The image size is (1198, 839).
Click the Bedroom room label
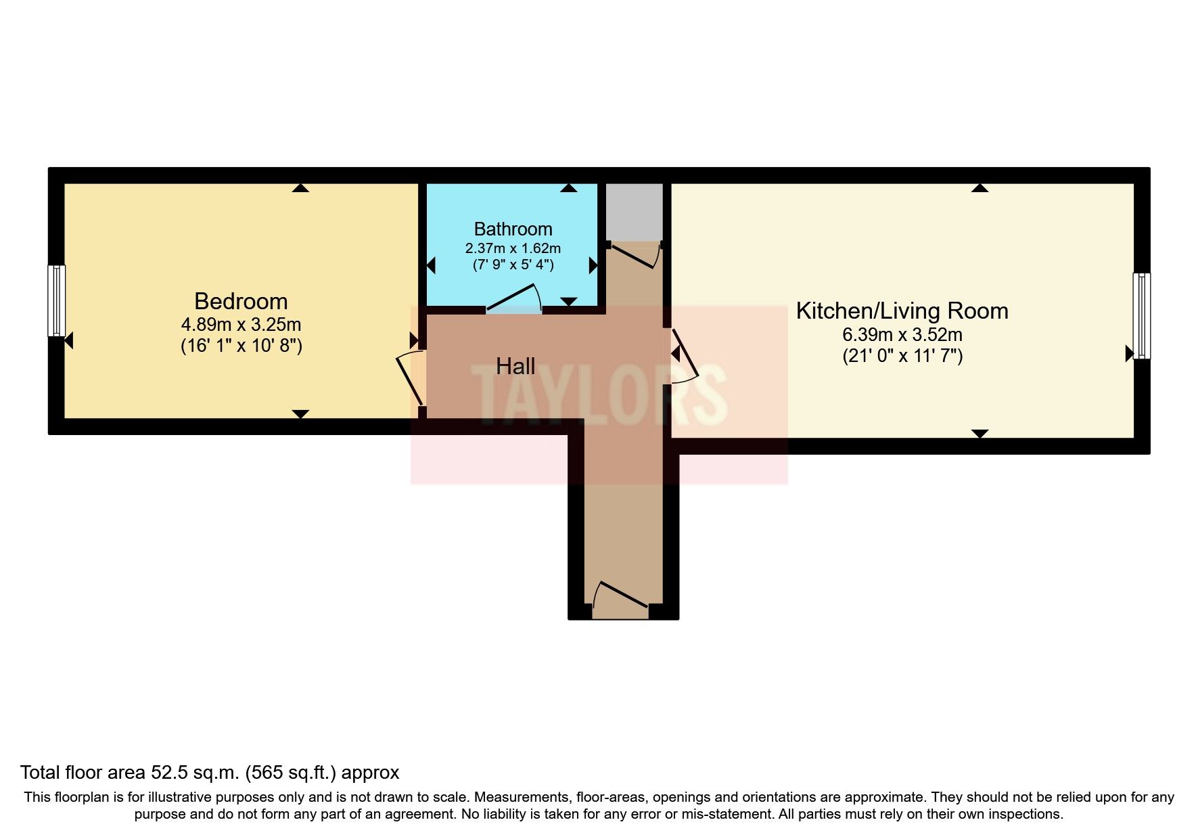(241, 301)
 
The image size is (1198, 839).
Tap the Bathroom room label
(513, 229)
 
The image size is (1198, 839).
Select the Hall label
(515, 367)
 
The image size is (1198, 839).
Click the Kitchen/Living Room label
(902, 311)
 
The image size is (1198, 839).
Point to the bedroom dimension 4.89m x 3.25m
(241, 324)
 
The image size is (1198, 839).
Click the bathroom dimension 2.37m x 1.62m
(513, 248)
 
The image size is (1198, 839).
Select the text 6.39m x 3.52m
(902, 334)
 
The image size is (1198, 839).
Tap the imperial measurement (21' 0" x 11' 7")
(902, 356)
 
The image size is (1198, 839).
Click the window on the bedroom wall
(57, 300)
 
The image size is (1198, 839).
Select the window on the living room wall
(1142, 315)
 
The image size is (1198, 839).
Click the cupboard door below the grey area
(634, 256)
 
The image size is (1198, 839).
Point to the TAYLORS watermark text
(599, 394)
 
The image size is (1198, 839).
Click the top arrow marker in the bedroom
(300, 188)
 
